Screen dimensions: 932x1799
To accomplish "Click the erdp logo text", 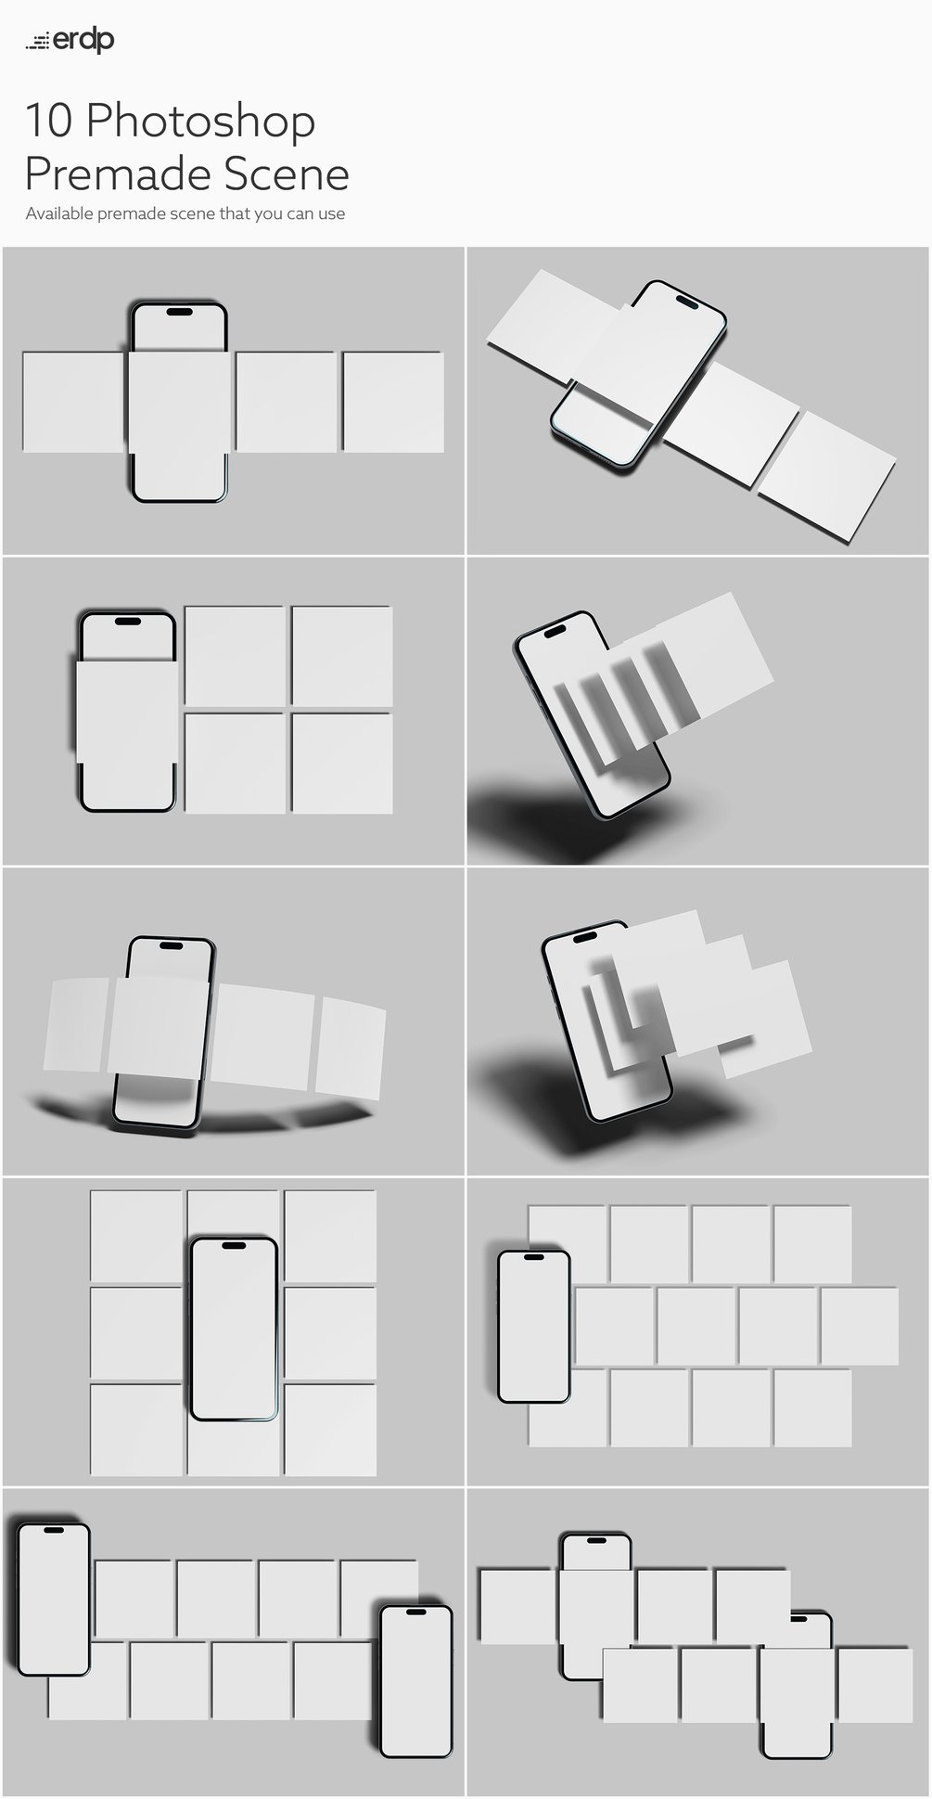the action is click(x=83, y=41).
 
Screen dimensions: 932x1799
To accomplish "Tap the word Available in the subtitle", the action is click(x=59, y=213).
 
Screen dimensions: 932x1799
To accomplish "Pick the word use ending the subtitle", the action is click(x=332, y=214).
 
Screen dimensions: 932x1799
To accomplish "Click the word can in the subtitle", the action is click(x=300, y=214).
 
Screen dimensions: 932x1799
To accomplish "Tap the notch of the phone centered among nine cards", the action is click(x=234, y=1245).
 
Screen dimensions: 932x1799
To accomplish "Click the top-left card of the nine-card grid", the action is click(x=136, y=1234).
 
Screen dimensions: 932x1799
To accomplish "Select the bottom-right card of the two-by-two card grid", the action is click(x=342, y=763).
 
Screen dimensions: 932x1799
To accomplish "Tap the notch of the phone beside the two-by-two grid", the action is click(x=128, y=621).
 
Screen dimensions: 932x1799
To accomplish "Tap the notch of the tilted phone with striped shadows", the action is click(x=555, y=632).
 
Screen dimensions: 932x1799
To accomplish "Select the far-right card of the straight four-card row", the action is click(x=393, y=402).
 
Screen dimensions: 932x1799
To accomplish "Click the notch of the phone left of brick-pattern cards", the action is click(x=534, y=1256).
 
